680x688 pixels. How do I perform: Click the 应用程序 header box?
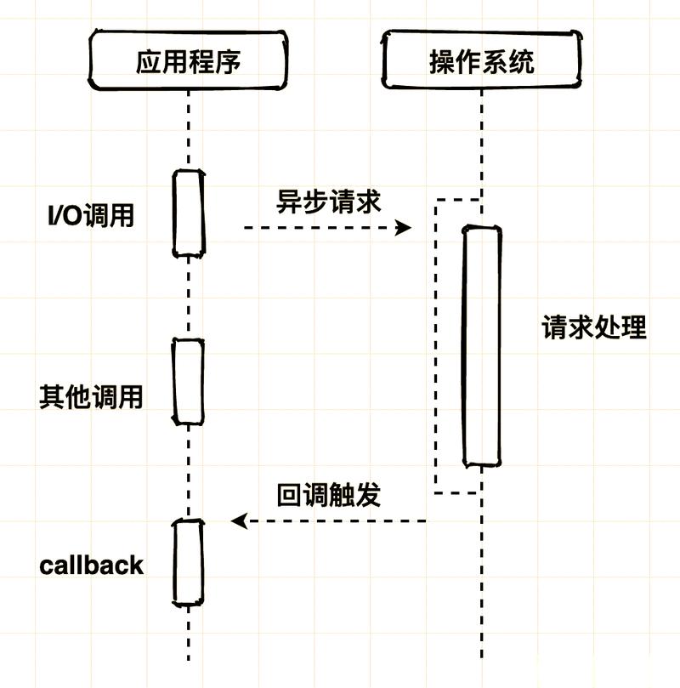click(x=189, y=61)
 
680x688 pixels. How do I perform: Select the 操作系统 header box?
click(x=482, y=61)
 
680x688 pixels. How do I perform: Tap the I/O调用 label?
click(x=91, y=216)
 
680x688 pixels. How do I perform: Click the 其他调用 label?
click(x=91, y=397)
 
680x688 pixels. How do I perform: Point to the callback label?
click(x=91, y=565)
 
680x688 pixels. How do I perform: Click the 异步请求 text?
click(x=329, y=202)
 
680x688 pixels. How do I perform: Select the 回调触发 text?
click(x=329, y=495)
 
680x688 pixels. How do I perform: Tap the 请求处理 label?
click(x=594, y=327)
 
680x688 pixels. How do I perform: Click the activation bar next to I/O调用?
click(x=190, y=213)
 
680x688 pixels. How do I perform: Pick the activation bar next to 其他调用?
click(x=189, y=381)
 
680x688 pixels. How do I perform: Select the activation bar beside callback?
click(x=189, y=562)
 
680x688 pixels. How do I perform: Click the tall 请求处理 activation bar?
click(x=481, y=345)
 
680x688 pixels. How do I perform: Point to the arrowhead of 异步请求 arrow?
click(x=405, y=227)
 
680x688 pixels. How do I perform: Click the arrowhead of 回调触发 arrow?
click(x=239, y=520)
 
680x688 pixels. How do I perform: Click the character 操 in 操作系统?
click(x=442, y=61)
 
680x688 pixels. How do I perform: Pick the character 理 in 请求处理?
click(x=634, y=327)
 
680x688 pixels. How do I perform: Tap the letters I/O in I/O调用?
click(x=65, y=216)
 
